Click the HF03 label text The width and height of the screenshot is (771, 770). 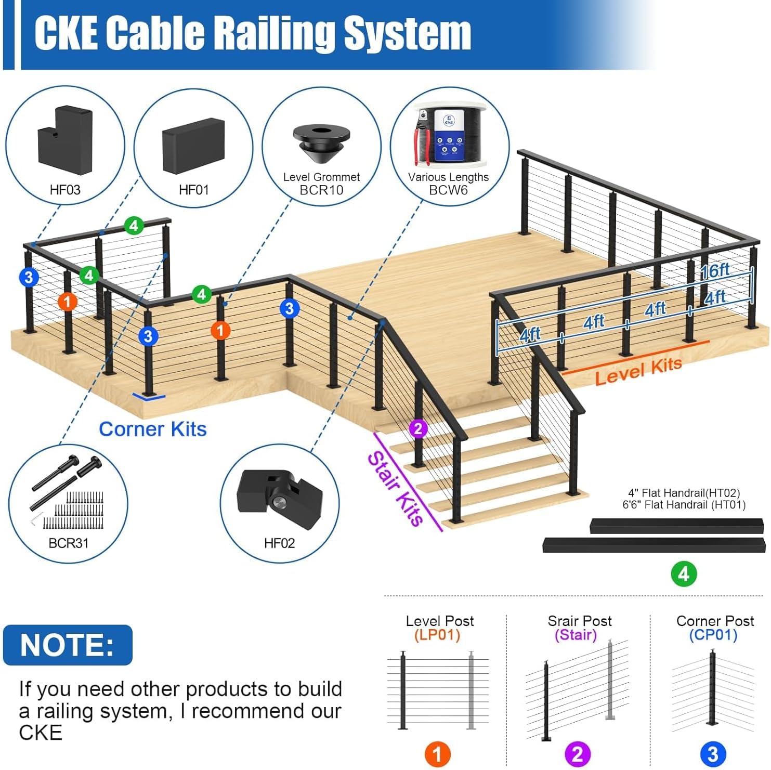pos(65,190)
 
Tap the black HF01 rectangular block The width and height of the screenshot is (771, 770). pos(193,146)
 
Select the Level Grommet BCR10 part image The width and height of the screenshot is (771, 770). pos(321,143)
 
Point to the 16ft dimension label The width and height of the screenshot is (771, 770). pos(715,271)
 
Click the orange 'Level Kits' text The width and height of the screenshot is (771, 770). pos(638,371)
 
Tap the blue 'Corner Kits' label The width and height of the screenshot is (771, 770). pos(153,429)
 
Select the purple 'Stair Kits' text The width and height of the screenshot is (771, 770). pos(396,488)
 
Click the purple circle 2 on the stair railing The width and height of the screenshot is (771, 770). pos(418,429)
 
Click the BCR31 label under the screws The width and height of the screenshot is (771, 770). pos(68,543)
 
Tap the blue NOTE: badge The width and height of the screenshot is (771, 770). pos(68,645)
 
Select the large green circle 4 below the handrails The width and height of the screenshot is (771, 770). pos(684,573)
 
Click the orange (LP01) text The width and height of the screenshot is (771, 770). pos(437,635)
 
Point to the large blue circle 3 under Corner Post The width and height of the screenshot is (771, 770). pos(713,754)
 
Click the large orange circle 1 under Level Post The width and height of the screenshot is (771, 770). pos(437,754)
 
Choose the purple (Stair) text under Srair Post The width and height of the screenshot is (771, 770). pos(576,635)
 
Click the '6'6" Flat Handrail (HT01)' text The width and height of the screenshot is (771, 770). pos(684,504)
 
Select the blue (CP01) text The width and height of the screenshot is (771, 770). pos(713,635)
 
